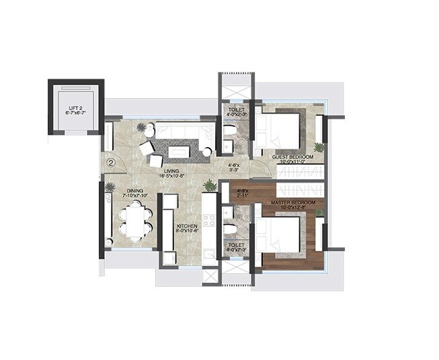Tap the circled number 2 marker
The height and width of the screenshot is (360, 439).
[112, 161]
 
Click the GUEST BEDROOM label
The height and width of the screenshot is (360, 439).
[289, 159]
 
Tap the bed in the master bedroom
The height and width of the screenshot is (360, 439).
[278, 235]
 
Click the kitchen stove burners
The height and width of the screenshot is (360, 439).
[209, 222]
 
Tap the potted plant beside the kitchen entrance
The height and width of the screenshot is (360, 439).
[210, 185]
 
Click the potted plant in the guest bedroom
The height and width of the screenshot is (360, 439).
[319, 146]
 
